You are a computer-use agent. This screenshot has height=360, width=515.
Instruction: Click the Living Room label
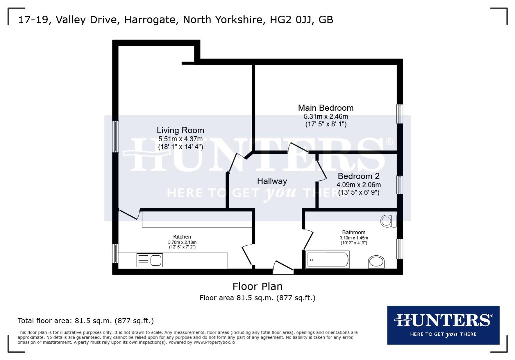(180, 130)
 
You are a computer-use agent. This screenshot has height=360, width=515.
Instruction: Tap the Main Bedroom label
(326, 108)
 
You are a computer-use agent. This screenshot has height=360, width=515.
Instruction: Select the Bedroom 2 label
(359, 176)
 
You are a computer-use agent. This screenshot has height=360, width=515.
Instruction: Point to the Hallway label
(272, 181)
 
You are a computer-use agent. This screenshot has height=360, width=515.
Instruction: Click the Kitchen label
(182, 237)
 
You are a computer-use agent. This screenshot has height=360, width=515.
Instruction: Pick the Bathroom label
(354, 232)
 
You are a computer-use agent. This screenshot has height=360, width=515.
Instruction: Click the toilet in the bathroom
(388, 221)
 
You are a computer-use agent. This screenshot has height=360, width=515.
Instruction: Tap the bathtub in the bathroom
(328, 260)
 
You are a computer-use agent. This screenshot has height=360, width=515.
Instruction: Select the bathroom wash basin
(376, 262)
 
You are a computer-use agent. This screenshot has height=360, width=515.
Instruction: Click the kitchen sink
(150, 260)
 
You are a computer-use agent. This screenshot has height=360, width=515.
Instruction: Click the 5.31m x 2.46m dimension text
(326, 117)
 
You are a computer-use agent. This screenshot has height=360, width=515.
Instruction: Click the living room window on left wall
(115, 136)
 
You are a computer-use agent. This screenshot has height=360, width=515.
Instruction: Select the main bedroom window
(399, 114)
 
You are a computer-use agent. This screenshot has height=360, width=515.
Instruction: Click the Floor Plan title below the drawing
(257, 286)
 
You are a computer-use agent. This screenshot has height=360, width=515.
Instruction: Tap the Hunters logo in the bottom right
(443, 325)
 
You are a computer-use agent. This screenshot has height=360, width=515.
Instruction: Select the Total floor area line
(86, 321)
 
